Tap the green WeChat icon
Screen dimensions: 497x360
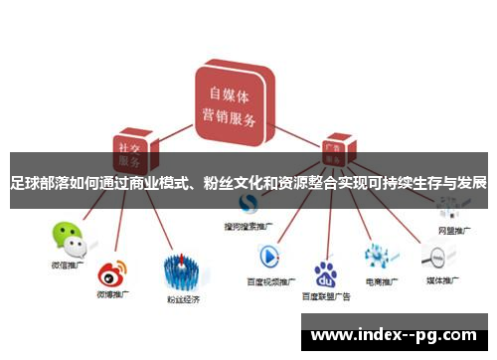69,237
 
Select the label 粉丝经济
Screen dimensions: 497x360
185,297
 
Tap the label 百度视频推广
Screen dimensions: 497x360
271,281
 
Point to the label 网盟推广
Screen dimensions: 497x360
452,230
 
